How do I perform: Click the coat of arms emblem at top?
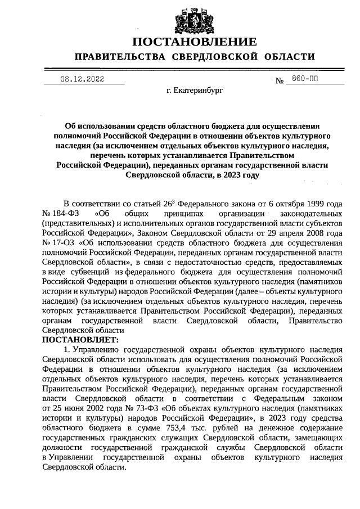click(x=195, y=19)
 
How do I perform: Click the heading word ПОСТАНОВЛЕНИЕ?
click(x=195, y=42)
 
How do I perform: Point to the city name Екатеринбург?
click(x=195, y=90)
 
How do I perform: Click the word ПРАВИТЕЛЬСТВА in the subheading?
click(x=120, y=57)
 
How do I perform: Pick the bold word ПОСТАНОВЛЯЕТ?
click(x=80, y=340)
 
